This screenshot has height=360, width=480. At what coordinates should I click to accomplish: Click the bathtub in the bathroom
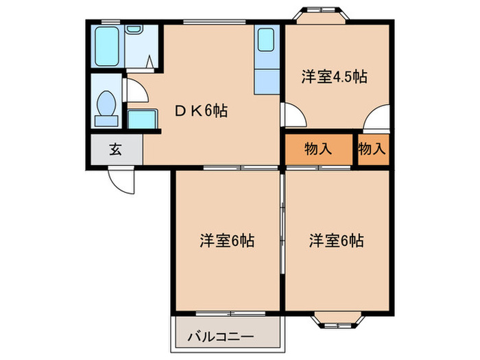coord(107,46)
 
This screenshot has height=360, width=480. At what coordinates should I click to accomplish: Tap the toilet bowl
coord(106,106)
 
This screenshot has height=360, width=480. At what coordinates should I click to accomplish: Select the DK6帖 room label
coord(200,110)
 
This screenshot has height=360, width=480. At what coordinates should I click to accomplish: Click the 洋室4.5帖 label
coord(334,76)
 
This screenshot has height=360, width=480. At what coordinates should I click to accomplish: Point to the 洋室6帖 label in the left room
coord(227,241)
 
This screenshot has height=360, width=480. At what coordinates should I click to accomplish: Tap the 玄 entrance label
coord(116,149)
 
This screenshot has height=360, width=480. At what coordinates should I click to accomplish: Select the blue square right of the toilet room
coord(141,118)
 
